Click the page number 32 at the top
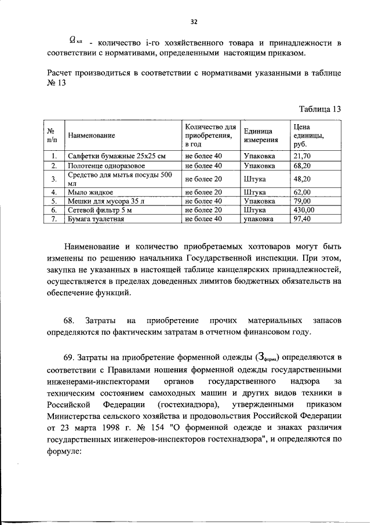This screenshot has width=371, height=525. [x=194, y=22]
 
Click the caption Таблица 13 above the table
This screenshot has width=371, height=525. [x=319, y=109]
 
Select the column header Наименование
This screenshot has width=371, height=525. [x=91, y=136]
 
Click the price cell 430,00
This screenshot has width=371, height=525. [x=304, y=209]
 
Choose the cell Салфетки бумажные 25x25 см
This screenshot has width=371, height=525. [x=117, y=156]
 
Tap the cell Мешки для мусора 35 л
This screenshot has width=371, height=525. [x=104, y=201]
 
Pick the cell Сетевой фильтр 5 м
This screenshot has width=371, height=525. [x=100, y=209]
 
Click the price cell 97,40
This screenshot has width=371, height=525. [x=302, y=219]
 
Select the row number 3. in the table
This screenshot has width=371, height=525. [x=53, y=179]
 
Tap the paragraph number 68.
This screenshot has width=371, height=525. [x=69, y=321]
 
